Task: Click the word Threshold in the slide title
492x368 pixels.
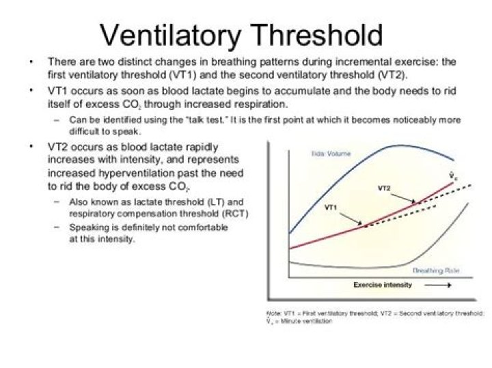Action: tap(319, 35)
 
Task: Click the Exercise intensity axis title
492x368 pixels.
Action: tap(383, 285)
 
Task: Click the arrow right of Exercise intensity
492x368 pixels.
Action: tap(437, 285)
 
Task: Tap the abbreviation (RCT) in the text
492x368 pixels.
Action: tap(234, 213)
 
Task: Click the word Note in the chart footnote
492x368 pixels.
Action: tap(273, 312)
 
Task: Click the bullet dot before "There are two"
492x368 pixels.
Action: tap(31, 61)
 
